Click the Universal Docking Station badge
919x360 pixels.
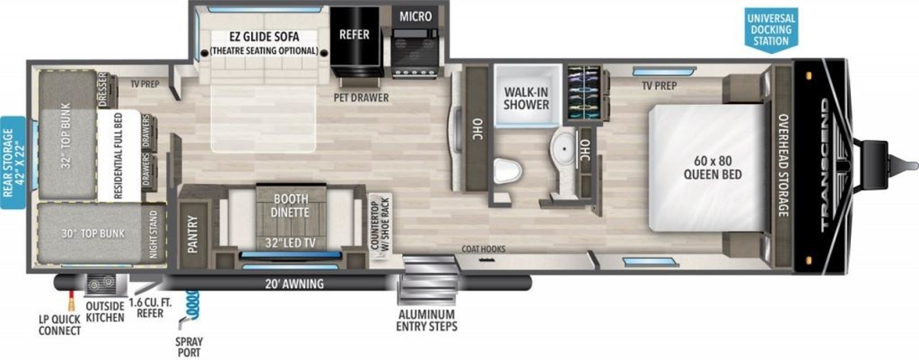tap(771, 30)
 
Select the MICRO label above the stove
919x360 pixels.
tap(415, 16)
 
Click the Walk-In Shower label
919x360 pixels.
tap(526, 98)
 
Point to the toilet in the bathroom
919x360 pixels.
tap(507, 170)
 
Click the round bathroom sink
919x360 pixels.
tap(564, 148)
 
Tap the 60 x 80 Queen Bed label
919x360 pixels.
tap(713, 168)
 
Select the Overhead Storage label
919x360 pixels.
tap(783, 165)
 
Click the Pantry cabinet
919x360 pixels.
tap(192, 234)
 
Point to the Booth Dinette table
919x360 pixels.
tap(291, 217)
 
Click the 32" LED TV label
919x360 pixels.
tap(290, 243)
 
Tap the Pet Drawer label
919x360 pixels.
tap(361, 98)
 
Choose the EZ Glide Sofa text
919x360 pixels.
tap(264, 37)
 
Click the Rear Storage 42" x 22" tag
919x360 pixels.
tap(13, 162)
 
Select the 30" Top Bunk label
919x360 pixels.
tap(93, 234)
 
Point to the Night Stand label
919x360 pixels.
tap(153, 234)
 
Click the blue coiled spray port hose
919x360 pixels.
tap(191, 304)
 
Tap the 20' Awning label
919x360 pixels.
tap(294, 283)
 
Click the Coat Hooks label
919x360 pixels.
tap(483, 249)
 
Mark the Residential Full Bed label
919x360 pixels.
tap(118, 155)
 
